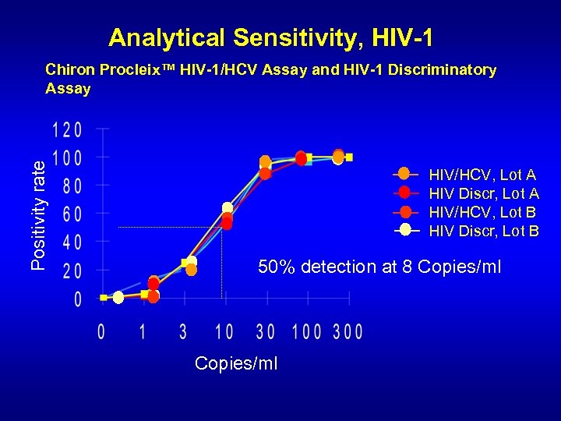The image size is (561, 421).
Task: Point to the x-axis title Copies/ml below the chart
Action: (x=236, y=364)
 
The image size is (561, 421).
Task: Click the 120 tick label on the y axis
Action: (x=67, y=129)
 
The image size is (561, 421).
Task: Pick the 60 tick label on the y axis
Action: (x=71, y=214)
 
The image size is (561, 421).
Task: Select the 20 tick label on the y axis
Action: (x=71, y=271)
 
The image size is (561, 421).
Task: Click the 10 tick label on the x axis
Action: (x=224, y=332)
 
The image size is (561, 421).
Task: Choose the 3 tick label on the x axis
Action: (x=183, y=332)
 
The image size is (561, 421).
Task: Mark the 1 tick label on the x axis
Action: (x=142, y=332)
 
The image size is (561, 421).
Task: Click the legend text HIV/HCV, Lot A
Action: (x=482, y=175)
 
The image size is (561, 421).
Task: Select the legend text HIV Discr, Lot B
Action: (x=484, y=231)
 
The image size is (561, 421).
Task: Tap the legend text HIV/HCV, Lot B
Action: (x=482, y=212)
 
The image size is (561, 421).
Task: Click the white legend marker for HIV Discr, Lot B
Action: (x=405, y=229)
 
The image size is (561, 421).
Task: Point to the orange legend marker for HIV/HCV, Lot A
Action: (x=404, y=173)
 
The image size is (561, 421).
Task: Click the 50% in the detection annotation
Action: (x=277, y=267)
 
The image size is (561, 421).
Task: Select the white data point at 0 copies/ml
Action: (x=118, y=298)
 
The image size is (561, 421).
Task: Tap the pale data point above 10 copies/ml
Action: (x=227, y=208)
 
